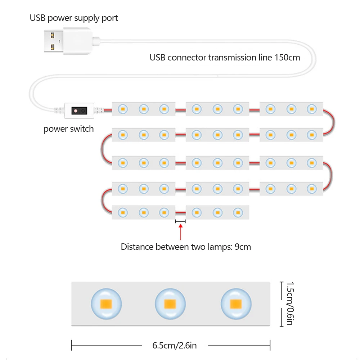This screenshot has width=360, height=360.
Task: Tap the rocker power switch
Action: click(79, 110)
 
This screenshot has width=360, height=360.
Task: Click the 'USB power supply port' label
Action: click(74, 18)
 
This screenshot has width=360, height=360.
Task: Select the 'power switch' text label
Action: click(68, 129)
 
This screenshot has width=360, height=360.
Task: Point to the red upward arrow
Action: click(180, 233)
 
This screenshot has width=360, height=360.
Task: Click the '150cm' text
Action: click(287, 57)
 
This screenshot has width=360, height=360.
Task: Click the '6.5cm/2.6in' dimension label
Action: click(175, 346)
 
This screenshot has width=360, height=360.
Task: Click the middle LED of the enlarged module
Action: click(170, 304)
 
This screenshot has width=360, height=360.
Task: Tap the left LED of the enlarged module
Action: click(106, 303)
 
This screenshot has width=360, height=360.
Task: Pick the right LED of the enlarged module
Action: click(236, 304)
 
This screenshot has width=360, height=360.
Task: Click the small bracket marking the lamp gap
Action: click(180, 221)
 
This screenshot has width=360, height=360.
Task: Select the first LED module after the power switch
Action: click(144, 108)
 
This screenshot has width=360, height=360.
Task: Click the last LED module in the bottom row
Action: click(217, 212)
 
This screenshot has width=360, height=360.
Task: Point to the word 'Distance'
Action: click(137, 247)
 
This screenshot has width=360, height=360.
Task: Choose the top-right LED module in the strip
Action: click(291, 108)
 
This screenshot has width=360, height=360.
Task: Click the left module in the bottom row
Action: click(144, 212)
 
